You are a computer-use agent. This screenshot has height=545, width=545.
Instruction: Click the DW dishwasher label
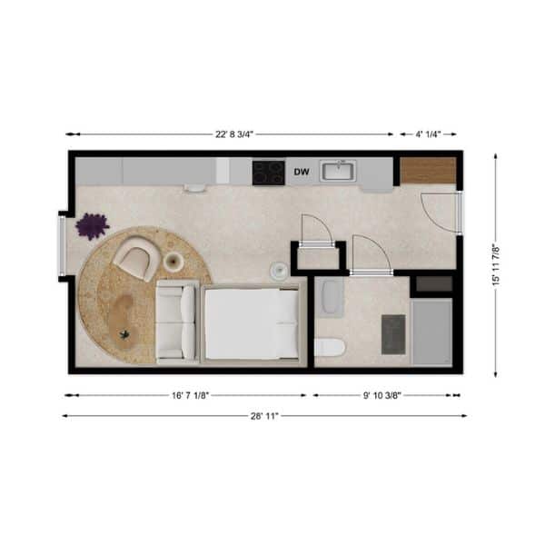click(302, 172)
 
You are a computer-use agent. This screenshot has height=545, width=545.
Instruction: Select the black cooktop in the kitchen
click(269, 173)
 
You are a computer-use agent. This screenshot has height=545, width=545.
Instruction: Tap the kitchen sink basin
click(338, 171)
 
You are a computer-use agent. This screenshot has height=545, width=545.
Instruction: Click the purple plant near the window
click(92, 226)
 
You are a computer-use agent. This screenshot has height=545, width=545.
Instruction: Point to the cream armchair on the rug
click(137, 257)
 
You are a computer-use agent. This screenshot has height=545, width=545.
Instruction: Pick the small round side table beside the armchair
click(173, 261)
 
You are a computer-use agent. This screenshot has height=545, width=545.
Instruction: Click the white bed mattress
click(251, 324)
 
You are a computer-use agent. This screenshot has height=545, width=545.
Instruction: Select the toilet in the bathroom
click(330, 347)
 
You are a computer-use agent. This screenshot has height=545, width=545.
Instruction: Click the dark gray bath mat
click(393, 334)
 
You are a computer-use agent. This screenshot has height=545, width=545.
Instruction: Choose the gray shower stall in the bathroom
click(432, 332)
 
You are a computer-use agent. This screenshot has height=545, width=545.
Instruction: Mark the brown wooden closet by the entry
click(428, 171)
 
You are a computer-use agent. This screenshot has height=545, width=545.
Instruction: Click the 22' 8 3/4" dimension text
click(234, 134)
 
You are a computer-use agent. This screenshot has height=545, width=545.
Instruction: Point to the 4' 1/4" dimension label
click(428, 134)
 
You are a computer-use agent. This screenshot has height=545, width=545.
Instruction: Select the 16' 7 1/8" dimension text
click(190, 395)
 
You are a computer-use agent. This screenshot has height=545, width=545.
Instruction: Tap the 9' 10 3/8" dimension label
click(382, 395)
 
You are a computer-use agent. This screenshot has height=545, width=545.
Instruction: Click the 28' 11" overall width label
click(265, 416)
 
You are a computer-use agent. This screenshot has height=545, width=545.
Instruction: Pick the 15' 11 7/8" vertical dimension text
click(496, 265)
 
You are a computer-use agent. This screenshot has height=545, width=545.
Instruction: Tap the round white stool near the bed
click(279, 271)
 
